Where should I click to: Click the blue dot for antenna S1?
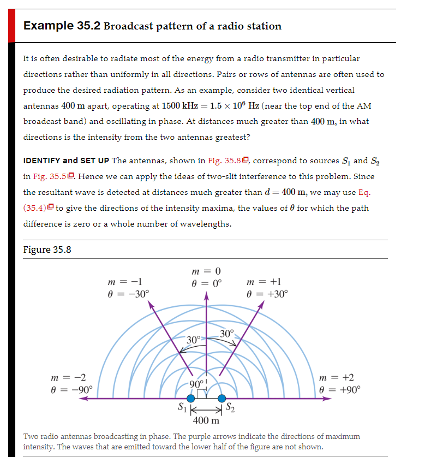point(191,399)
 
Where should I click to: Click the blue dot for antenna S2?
point(222,399)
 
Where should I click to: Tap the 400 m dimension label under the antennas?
point(206,420)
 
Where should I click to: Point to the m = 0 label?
point(206,271)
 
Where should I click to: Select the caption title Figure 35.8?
point(47,250)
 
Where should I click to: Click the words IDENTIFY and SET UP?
point(66,161)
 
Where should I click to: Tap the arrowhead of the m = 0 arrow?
point(206,295)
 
